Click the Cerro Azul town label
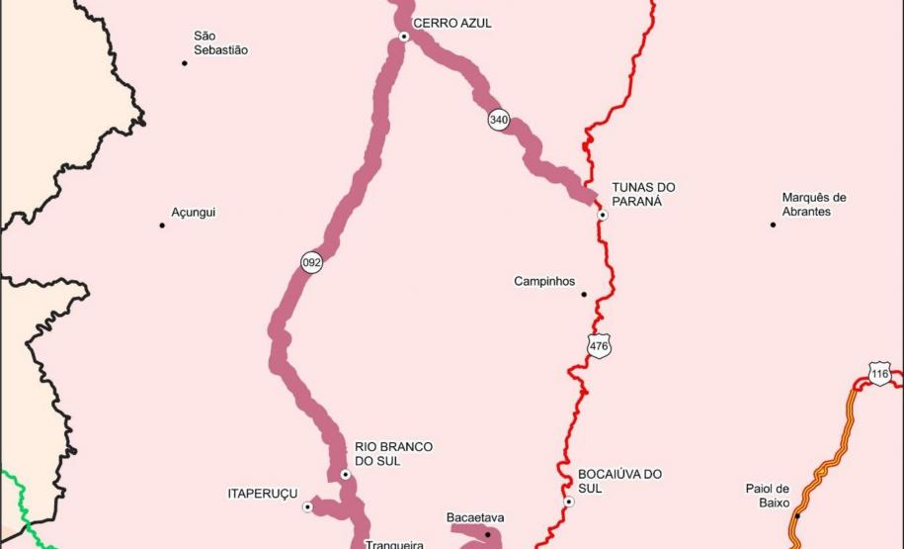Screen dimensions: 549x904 coord(452,23)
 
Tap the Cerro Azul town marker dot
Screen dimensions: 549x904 coord(404,37)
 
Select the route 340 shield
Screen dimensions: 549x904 coord(499,120)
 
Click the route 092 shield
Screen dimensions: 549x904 coord(312,262)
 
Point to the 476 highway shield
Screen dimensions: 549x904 coord(599,345)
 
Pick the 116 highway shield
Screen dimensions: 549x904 coord(880,375)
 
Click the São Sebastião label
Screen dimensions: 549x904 coord(220,43)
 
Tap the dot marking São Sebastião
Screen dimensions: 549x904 coord(185,63)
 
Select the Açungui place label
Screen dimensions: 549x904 coord(193,213)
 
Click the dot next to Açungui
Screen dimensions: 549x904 coord(162,226)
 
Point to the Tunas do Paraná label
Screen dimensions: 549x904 coord(643,194)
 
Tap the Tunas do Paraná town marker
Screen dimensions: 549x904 coord(603,215)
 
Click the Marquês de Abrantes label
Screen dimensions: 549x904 coord(814,205)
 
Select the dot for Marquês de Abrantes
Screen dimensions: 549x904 coord(774,225)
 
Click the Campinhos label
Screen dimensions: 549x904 coord(544,282)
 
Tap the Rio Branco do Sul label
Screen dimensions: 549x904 coord(393,454)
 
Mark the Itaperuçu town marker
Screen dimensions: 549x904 coord(307,507)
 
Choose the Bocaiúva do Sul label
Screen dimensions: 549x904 coord(619,481)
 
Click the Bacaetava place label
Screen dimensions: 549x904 coord(475,517)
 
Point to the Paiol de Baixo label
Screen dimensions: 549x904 coord(768,496)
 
